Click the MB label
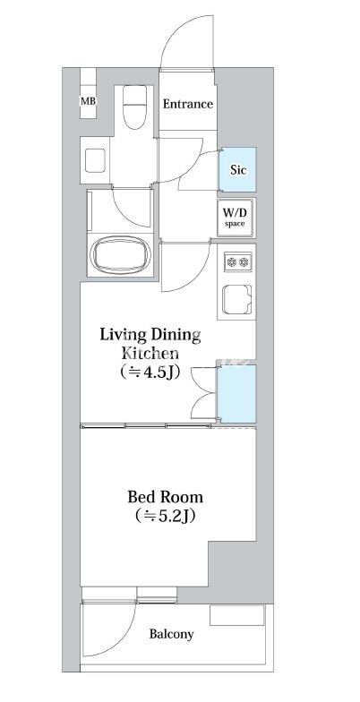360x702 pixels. pyautogui.click(x=88, y=100)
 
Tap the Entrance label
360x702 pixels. pyautogui.click(x=188, y=104)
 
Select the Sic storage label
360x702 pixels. pyautogui.click(x=237, y=170)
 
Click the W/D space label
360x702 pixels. pyautogui.click(x=235, y=216)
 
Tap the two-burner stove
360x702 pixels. pyautogui.click(x=238, y=261)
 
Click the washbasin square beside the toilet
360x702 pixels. pyautogui.click(x=95, y=160)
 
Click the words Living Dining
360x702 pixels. pyautogui.click(x=150, y=335)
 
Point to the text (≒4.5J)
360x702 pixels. pyautogui.click(x=150, y=372)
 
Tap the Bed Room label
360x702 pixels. pyautogui.click(x=165, y=497)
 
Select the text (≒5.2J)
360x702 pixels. pyautogui.click(x=165, y=516)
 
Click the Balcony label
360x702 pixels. pyautogui.click(x=172, y=634)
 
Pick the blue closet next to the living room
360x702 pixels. pyautogui.click(x=236, y=394)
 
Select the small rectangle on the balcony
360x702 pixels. pyautogui.click(x=236, y=615)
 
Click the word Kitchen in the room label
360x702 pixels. pyautogui.click(x=150, y=353)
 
